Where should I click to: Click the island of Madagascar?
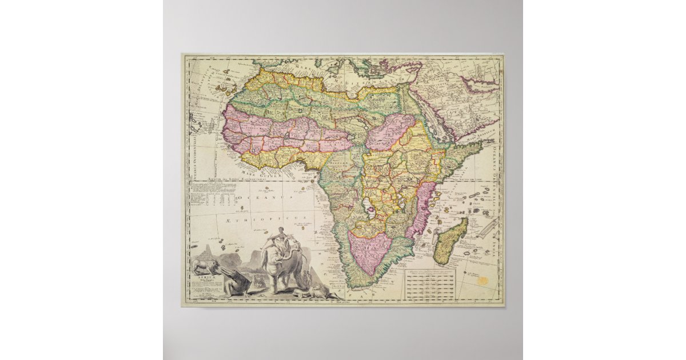[450, 241]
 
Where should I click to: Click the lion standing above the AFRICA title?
[205, 266]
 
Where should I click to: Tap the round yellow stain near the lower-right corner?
[484, 282]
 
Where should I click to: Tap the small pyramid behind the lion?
[207, 251]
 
